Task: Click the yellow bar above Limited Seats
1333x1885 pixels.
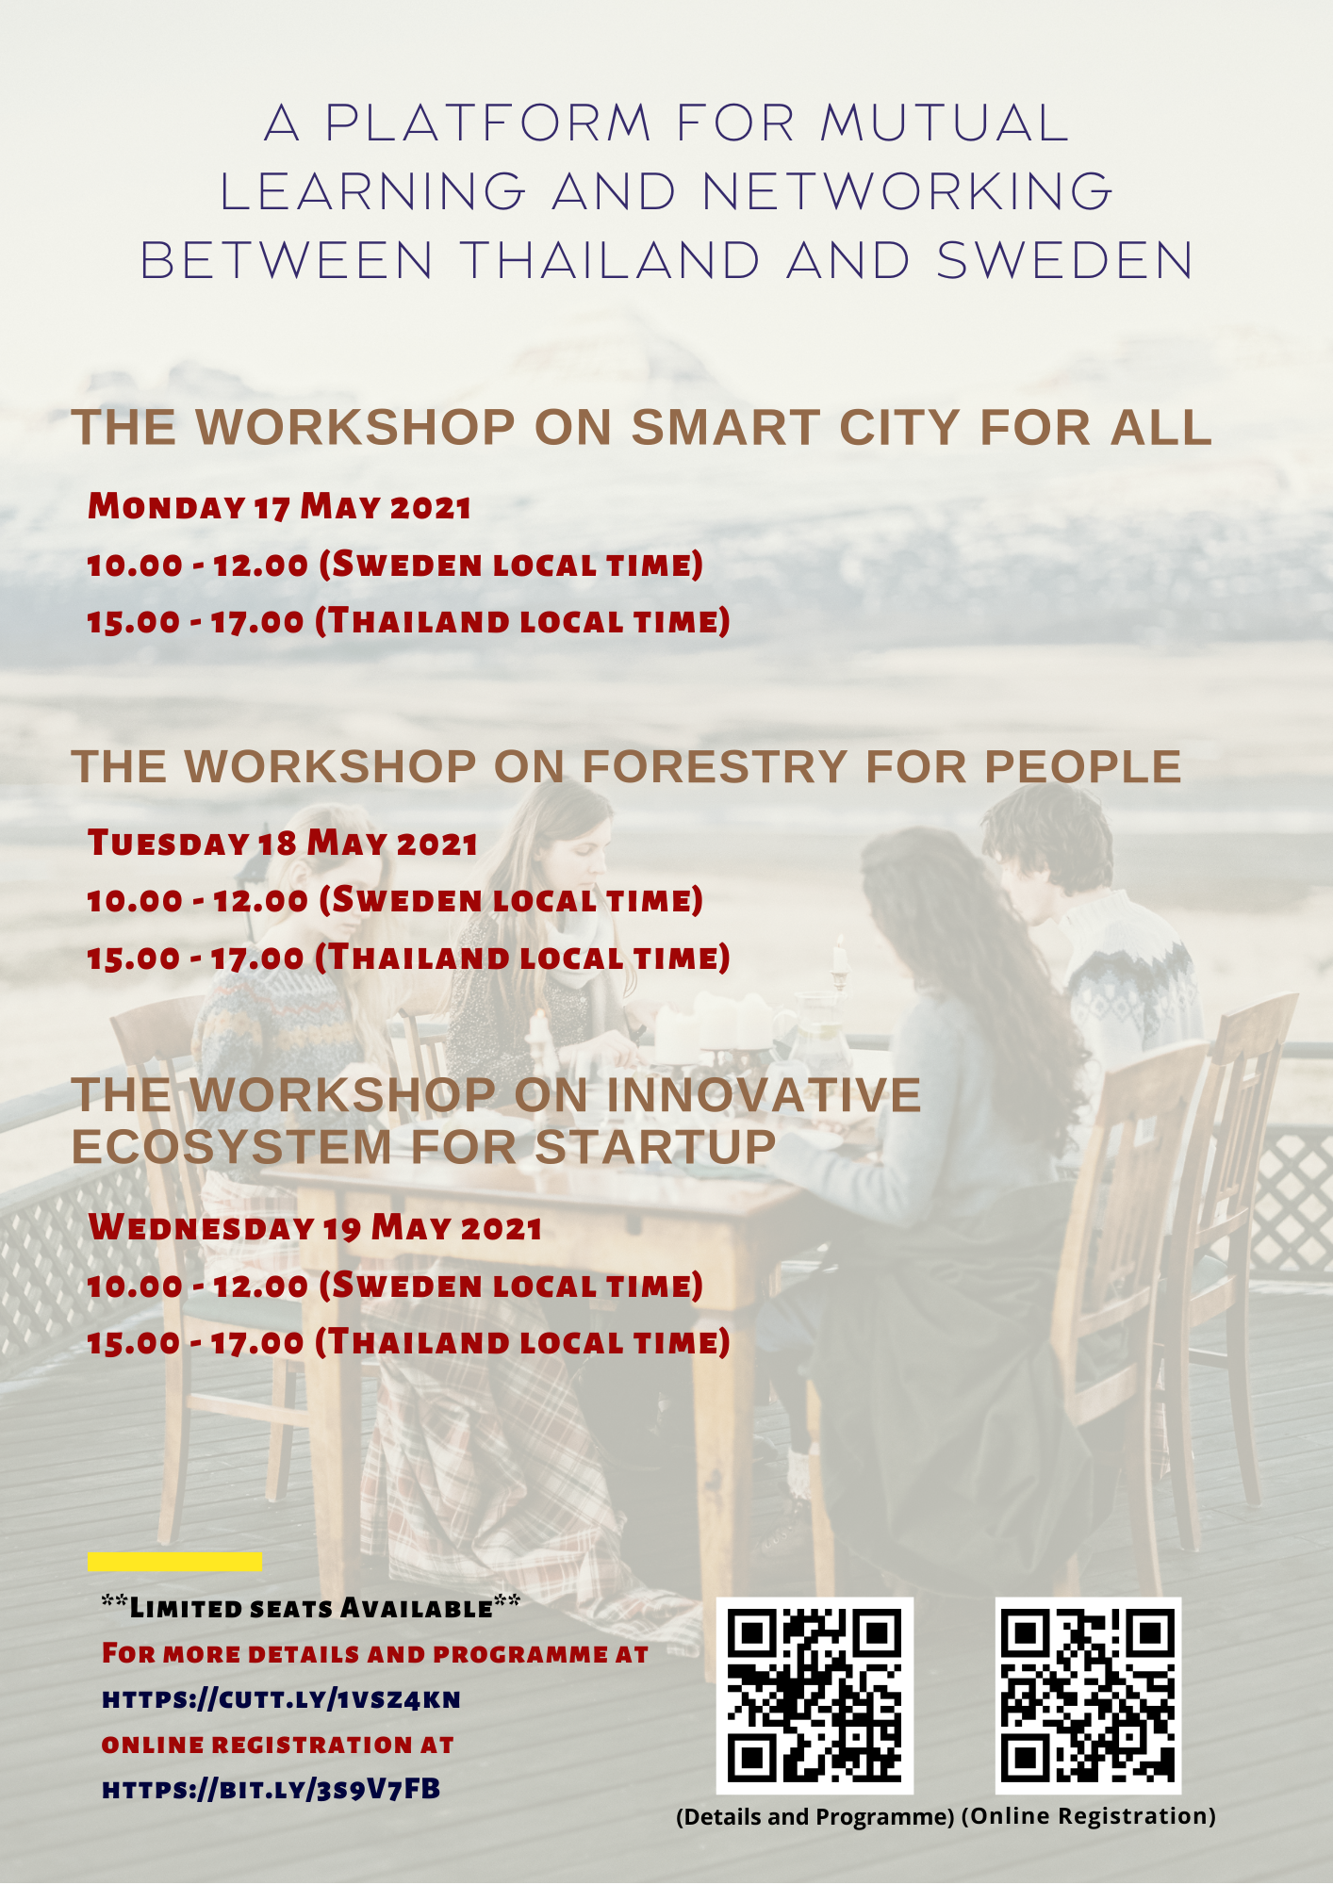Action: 174,1562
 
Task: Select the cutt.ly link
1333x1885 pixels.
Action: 281,1699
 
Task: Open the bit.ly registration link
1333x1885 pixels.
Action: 271,1789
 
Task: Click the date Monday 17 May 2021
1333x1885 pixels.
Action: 279,507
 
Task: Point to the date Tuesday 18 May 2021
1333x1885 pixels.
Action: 282,843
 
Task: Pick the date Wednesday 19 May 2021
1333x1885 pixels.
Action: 315,1227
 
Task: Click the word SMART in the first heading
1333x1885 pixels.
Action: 725,428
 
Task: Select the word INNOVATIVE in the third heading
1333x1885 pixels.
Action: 764,1095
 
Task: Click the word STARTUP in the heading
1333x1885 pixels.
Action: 655,1147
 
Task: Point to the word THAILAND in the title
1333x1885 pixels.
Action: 611,261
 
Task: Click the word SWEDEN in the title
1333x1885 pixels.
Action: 1065,261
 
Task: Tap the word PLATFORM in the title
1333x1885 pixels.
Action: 488,123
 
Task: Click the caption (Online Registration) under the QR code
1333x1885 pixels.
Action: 1089,1816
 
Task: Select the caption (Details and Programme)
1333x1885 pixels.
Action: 815,1817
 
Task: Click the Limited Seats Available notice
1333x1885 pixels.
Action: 310,1607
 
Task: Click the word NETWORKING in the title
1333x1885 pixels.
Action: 908,192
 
